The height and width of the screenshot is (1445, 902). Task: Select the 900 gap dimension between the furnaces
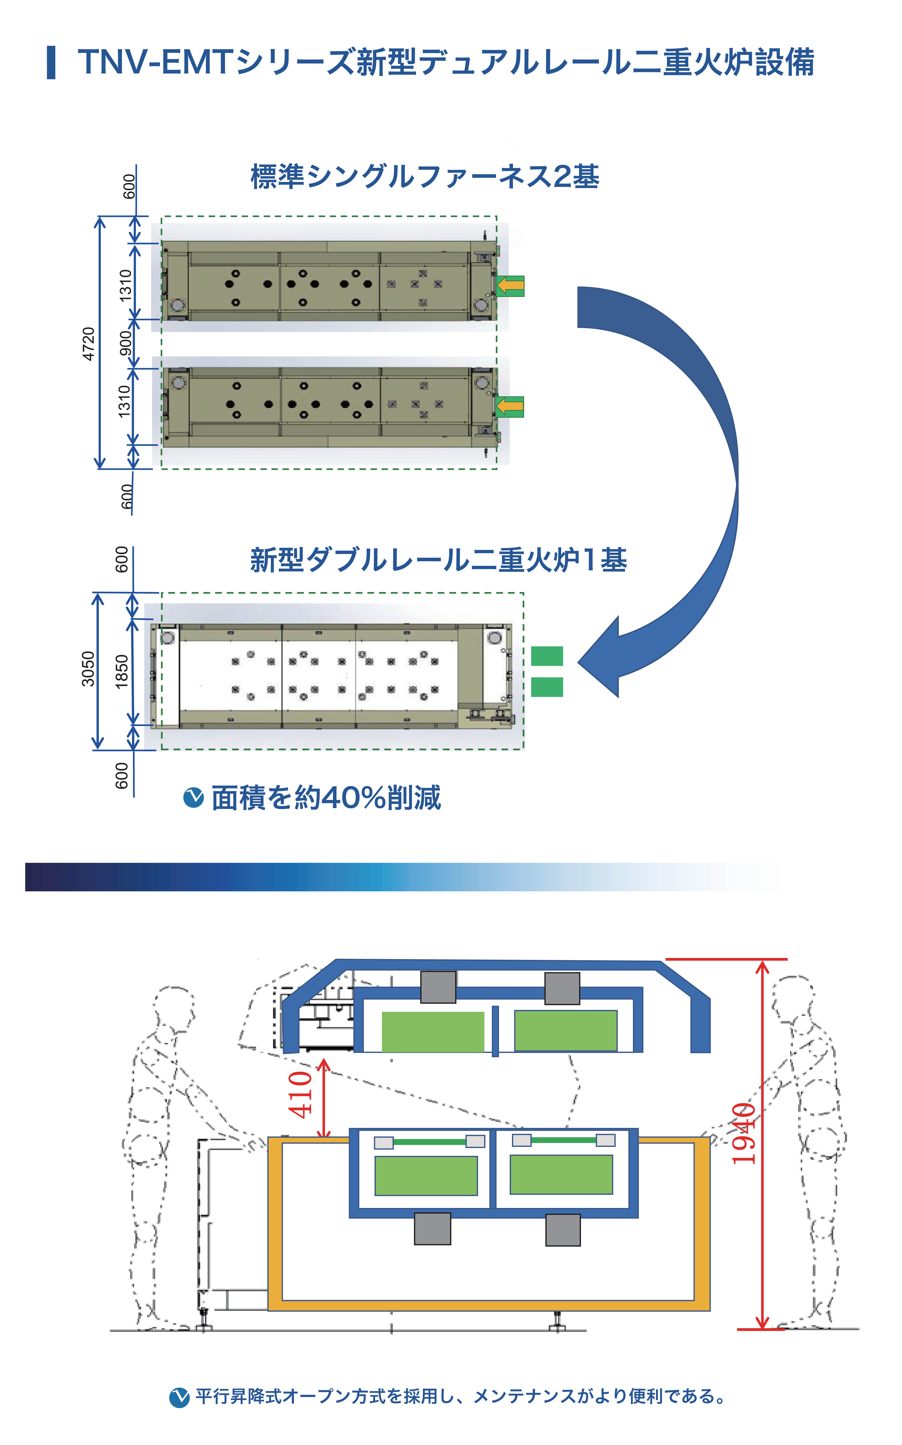pyautogui.click(x=125, y=343)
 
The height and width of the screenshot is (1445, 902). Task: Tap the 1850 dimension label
pyautogui.click(x=122, y=672)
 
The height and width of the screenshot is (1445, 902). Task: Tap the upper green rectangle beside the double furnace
pyautogui.click(x=546, y=656)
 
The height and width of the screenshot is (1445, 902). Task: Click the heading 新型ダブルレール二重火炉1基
pyautogui.click(x=439, y=560)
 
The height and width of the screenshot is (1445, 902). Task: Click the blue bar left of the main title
pyautogui.click(x=51, y=62)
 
